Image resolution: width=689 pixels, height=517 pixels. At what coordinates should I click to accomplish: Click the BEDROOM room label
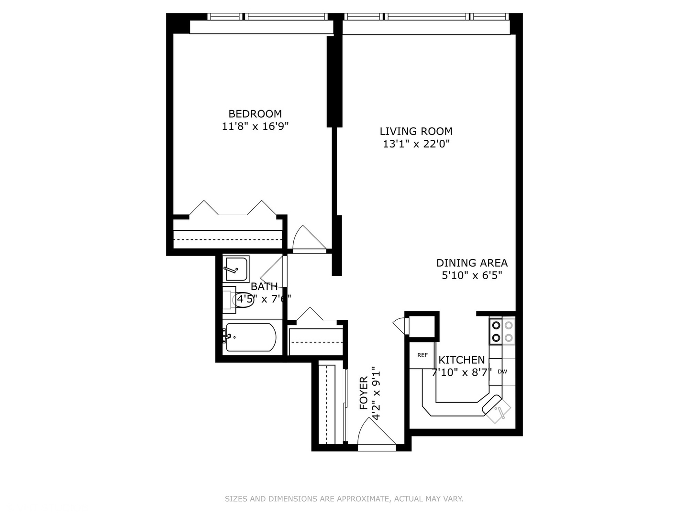click(255, 114)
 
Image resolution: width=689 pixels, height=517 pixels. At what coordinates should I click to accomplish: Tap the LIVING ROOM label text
click(416, 131)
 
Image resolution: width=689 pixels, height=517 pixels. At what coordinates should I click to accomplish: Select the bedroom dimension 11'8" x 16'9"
click(255, 127)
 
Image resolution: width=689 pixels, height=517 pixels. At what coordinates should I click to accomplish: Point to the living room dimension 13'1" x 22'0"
click(416, 144)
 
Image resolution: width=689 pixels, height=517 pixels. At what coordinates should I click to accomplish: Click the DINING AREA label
click(472, 263)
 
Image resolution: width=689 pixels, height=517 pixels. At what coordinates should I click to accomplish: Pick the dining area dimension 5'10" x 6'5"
click(472, 276)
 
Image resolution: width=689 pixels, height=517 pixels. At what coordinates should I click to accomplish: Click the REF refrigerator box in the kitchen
click(422, 355)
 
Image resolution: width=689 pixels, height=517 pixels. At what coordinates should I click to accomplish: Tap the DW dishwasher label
click(502, 371)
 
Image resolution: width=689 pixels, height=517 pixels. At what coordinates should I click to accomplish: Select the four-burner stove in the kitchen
click(502, 331)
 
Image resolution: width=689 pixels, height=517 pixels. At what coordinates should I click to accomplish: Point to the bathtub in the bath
click(250, 337)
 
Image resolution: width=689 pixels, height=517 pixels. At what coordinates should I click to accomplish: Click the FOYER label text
click(364, 393)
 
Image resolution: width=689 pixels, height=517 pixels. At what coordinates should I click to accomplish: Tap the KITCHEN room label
click(462, 360)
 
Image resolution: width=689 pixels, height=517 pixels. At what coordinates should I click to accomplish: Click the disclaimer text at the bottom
click(344, 499)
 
